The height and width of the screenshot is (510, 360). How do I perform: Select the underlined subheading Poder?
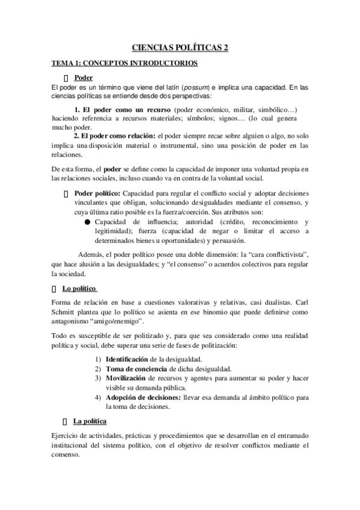pyautogui.click(x=83, y=78)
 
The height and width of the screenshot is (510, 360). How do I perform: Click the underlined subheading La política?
pyautogui.click(x=90, y=422)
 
